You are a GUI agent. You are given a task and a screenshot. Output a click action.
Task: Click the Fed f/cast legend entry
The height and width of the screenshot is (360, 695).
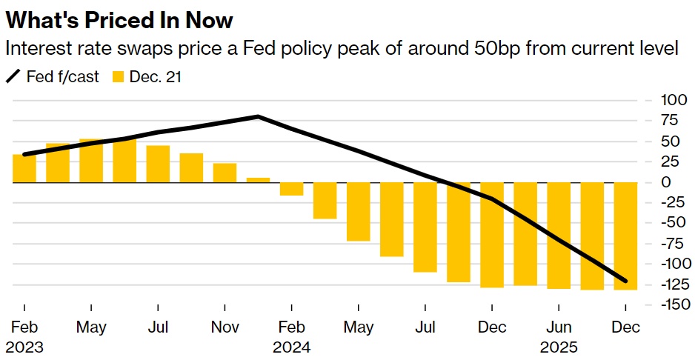[x=53, y=76]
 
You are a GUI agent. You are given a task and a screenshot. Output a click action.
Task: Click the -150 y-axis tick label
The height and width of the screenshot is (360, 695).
[x=656, y=304]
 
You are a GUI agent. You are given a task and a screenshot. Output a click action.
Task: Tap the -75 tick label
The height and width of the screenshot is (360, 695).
[x=659, y=243]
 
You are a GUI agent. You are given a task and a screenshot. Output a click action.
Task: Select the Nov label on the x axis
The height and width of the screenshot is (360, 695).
[x=225, y=327]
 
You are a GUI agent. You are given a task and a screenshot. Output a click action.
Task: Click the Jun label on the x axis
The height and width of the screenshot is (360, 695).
[x=559, y=327]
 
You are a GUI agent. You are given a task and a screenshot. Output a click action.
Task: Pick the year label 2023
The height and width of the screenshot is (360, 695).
[x=24, y=346]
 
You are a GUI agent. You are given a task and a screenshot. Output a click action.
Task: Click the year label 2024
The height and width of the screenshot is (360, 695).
[x=291, y=346]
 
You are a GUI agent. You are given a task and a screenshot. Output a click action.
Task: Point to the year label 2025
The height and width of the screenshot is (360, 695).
[x=559, y=346]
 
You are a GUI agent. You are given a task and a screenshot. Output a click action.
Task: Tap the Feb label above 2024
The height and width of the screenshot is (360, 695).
[x=291, y=327]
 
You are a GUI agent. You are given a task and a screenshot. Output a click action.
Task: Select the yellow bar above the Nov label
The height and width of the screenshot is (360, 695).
[x=225, y=173]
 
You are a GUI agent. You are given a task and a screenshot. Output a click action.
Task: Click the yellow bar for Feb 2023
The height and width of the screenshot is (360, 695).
[x=24, y=168]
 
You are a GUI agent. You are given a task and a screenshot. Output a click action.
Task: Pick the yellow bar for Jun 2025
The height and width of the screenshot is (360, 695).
[x=559, y=235]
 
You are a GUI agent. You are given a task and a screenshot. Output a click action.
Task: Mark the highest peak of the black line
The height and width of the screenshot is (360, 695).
[x=258, y=116]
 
